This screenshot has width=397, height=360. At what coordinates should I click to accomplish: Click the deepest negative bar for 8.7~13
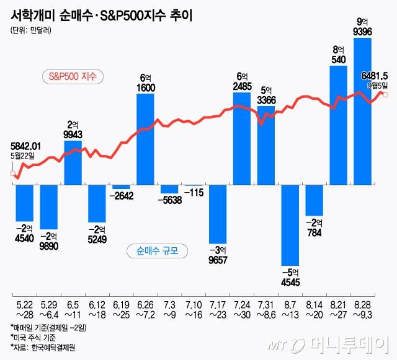click(290, 226)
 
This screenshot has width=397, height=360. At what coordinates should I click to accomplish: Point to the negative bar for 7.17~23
click(218, 214)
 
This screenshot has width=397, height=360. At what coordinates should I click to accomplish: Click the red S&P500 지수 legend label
click(76, 77)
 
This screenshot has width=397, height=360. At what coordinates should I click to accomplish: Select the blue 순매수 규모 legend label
click(157, 251)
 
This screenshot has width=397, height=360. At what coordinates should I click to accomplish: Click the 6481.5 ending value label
click(375, 75)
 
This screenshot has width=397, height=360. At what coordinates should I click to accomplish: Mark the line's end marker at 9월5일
click(386, 94)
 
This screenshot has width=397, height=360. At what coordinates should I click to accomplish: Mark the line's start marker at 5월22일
click(12, 173)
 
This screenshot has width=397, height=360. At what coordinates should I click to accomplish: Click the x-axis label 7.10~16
click(194, 312)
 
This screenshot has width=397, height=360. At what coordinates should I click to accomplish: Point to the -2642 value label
click(122, 196)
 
